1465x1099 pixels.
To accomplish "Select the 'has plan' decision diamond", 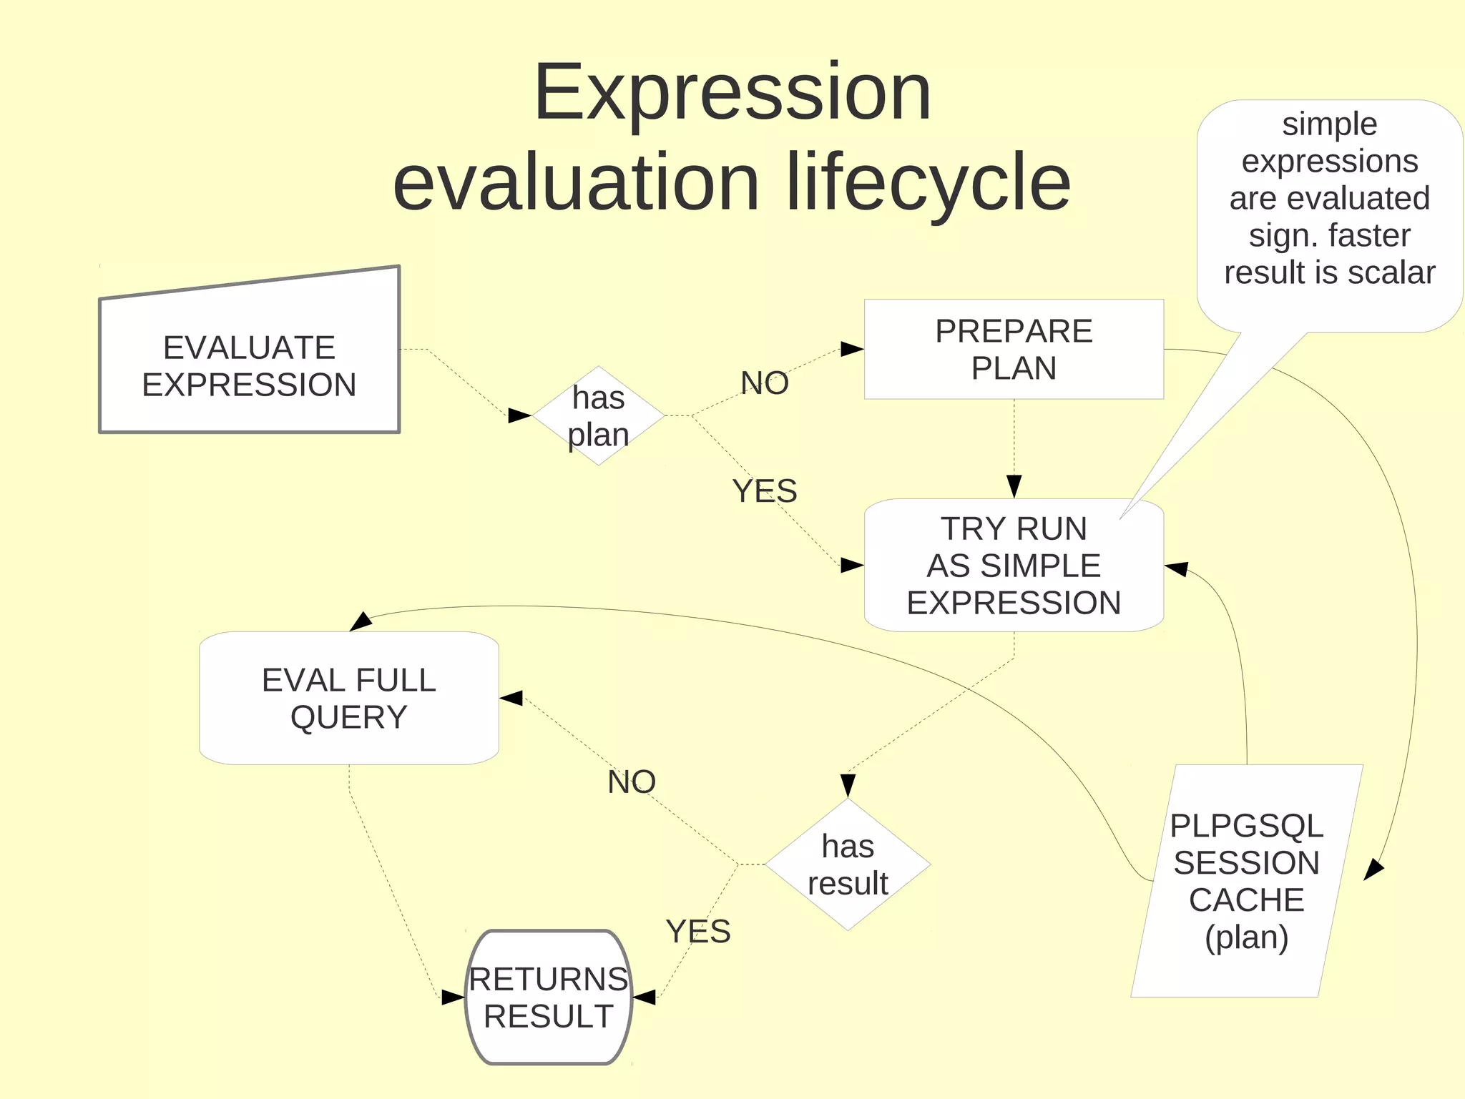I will tap(598, 416).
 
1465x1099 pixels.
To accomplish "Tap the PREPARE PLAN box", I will tap(1013, 349).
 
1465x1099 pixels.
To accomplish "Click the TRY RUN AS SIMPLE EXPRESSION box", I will tap(1013, 566).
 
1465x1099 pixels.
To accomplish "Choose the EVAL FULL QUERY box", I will tap(348, 698).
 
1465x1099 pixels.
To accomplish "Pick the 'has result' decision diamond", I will tap(848, 864).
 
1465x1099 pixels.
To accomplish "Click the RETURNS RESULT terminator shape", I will tap(549, 997).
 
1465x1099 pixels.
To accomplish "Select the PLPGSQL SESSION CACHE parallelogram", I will tap(1246, 881).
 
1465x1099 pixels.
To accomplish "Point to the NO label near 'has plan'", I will tap(764, 383).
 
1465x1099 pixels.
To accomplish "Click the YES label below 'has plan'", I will tap(764, 491).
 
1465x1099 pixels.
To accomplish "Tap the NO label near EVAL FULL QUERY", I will tap(631, 782).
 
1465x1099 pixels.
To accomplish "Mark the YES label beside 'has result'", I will tap(697, 932).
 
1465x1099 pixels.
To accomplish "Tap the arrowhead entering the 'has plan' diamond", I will tap(520, 415).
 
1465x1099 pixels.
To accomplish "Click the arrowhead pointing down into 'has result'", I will tap(848, 786).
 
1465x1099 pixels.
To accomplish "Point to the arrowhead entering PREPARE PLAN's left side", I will tap(852, 349).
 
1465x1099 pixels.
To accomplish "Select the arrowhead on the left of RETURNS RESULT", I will tap(453, 997).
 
